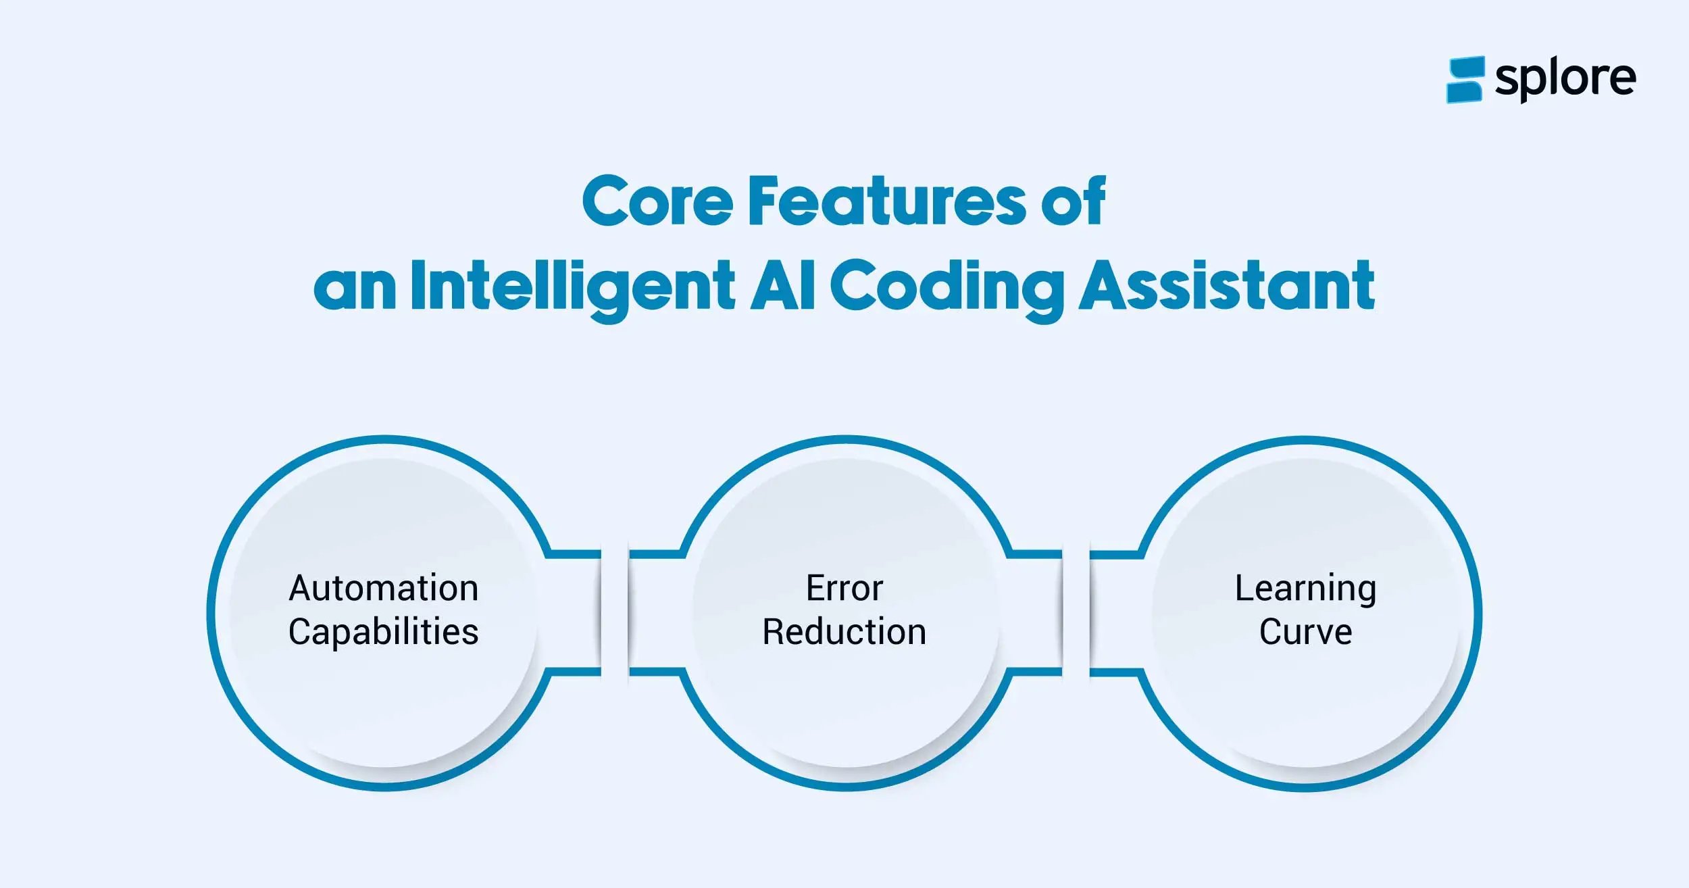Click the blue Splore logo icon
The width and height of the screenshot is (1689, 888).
pyautogui.click(x=1464, y=79)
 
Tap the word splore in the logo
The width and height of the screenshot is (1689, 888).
pyautogui.click(x=1565, y=79)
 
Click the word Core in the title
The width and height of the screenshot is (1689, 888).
pyautogui.click(x=657, y=201)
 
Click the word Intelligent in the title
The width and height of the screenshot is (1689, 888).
pyautogui.click(x=572, y=287)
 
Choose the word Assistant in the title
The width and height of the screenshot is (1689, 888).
pyautogui.click(x=1226, y=286)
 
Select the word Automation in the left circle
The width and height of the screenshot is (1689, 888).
pyautogui.click(x=384, y=588)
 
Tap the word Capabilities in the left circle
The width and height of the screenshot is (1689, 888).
pyautogui.click(x=384, y=633)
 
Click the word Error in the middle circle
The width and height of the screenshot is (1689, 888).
pyautogui.click(x=844, y=588)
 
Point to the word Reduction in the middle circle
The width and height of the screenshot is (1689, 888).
pyautogui.click(x=844, y=633)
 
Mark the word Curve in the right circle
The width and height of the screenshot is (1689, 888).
pyautogui.click(x=1305, y=633)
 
